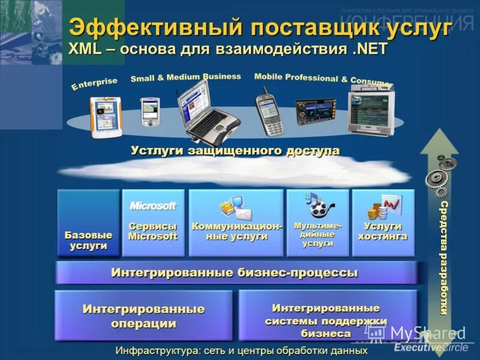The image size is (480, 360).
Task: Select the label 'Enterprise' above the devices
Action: coord(94,84)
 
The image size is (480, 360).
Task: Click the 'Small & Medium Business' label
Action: coord(185,77)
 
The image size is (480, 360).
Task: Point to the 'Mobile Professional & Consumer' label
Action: coord(323,79)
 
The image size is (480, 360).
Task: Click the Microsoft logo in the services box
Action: coord(153,206)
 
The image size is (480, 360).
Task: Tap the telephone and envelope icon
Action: coord(235,208)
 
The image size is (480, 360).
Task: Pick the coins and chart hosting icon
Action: coord(383,206)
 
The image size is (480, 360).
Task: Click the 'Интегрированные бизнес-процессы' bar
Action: coord(235,273)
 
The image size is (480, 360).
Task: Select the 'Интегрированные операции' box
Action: coord(143,316)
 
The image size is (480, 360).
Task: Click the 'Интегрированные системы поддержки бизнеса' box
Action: coord(326,320)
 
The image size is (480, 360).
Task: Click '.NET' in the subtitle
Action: coord(371,49)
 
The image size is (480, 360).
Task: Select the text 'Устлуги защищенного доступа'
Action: coord(235,151)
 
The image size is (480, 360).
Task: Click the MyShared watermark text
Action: coord(427,334)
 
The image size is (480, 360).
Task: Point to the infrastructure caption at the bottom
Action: coord(241,350)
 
